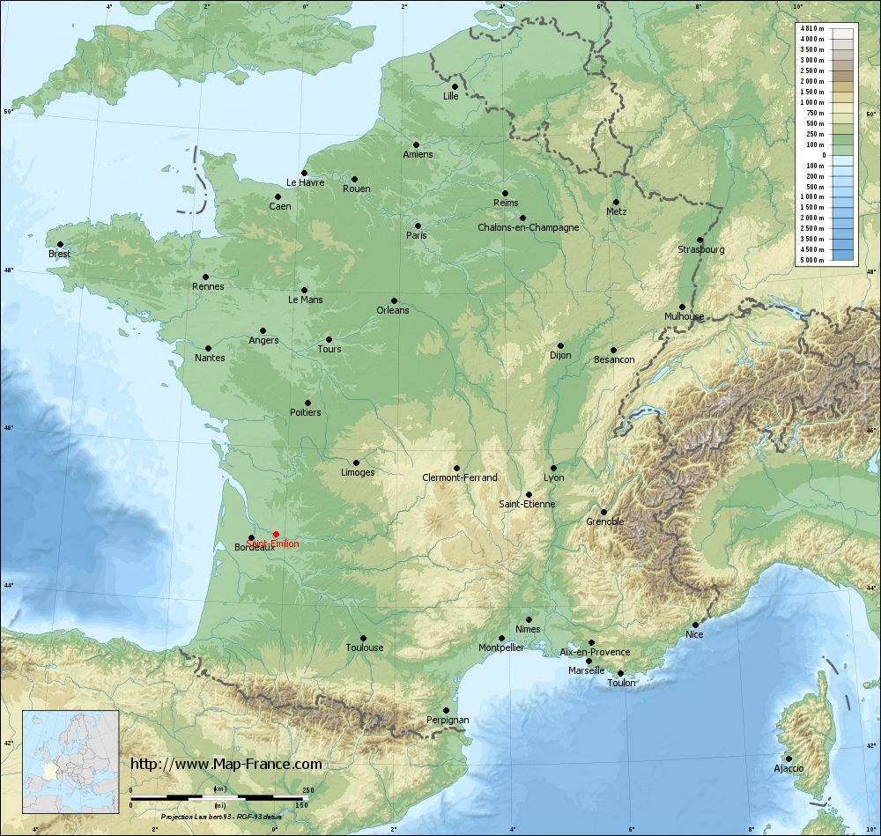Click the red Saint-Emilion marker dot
(x=276, y=534)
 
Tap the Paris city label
(x=416, y=235)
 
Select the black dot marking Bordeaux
(x=251, y=537)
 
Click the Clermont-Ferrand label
(x=460, y=477)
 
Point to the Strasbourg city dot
(x=700, y=240)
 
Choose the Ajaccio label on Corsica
(x=788, y=768)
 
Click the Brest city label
(x=60, y=254)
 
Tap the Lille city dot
(x=455, y=86)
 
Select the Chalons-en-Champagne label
(x=528, y=227)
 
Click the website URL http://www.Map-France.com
(x=226, y=764)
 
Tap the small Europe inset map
(x=70, y=762)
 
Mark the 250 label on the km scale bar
(x=307, y=790)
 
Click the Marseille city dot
(x=589, y=661)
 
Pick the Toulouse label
(x=365, y=647)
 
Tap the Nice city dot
(x=695, y=625)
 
